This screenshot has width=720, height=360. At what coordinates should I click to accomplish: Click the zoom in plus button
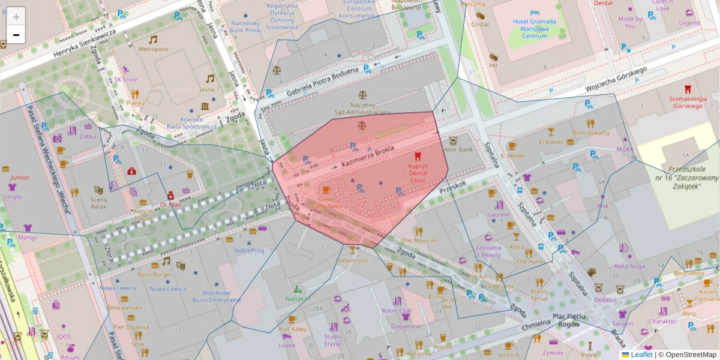[16, 17]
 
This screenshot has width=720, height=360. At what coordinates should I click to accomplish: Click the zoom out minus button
[16, 35]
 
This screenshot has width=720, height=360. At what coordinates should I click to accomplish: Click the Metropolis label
[152, 49]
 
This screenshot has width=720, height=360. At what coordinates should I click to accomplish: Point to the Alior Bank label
[458, 149]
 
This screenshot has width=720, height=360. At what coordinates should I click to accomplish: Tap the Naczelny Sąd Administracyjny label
[362, 108]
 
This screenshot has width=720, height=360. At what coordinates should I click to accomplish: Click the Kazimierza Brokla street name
[367, 158]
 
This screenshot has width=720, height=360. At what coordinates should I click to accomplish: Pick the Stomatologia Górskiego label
[685, 102]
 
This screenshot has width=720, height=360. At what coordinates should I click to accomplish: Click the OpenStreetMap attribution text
[687, 355]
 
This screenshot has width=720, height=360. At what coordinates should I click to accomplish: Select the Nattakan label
[298, 298]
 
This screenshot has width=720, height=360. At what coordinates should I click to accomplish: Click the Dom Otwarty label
[590, 132]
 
